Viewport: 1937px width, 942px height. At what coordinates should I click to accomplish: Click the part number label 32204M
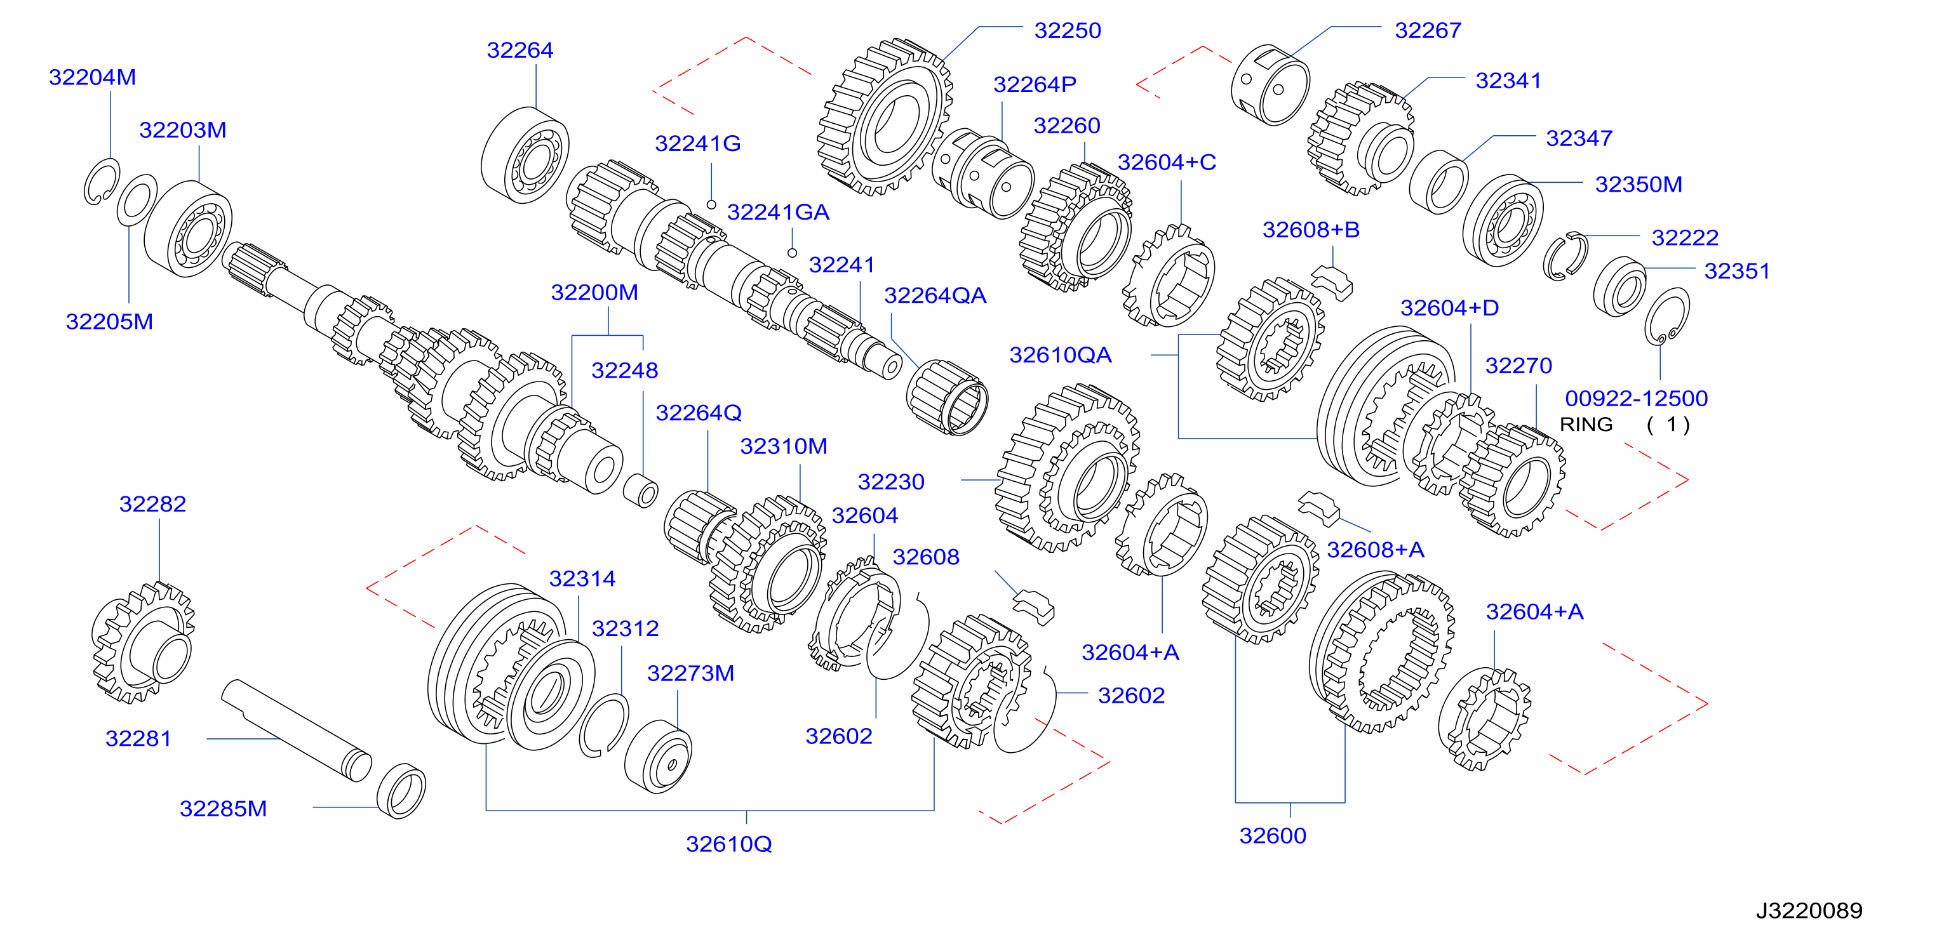[93, 77]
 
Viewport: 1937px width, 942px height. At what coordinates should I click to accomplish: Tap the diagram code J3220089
[1809, 910]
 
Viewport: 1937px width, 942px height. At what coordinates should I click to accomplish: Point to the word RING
[1586, 425]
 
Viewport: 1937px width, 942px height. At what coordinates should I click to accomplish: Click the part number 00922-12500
[1636, 399]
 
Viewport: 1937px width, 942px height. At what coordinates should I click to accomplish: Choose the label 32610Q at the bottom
[728, 844]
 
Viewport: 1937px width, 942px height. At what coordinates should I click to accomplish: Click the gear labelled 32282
[143, 644]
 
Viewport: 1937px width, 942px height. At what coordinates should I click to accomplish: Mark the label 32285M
[224, 809]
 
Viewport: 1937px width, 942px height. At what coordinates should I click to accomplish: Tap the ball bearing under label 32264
[525, 155]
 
